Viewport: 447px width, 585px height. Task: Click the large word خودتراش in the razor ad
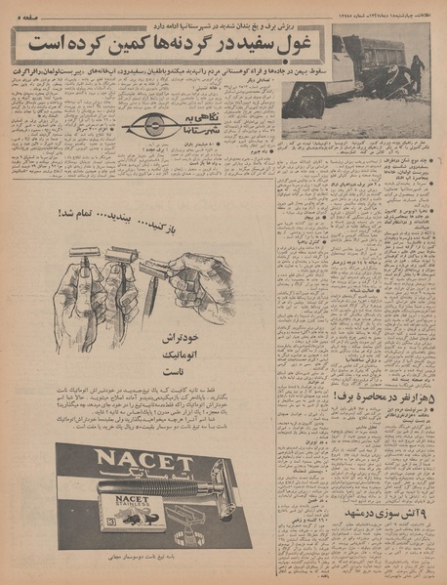pos(182,338)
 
